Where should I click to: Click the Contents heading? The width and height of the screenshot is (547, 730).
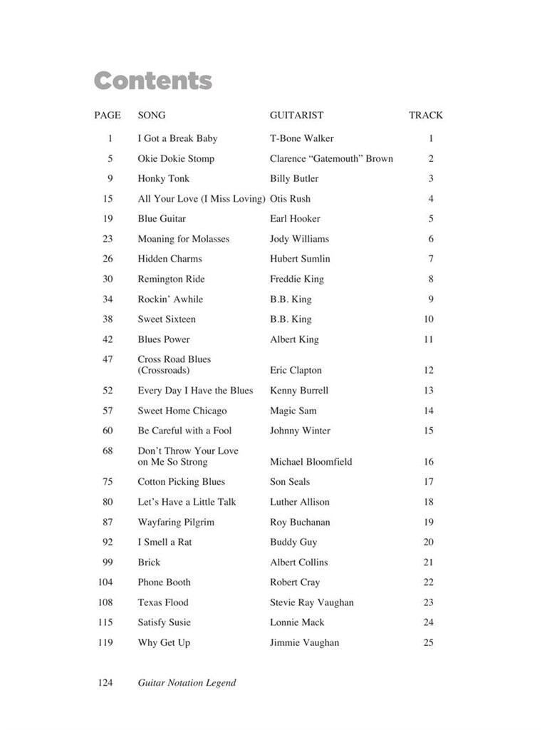152,81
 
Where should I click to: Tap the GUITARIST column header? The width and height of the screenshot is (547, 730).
296,115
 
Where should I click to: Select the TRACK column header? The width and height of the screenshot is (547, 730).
425,115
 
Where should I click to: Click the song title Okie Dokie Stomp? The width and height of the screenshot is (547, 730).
175,158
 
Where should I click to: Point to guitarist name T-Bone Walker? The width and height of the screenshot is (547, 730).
301,138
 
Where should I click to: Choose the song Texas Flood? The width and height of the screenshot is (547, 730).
163,602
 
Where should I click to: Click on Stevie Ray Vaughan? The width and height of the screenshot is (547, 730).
311,602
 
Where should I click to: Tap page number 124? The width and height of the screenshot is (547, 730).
105,682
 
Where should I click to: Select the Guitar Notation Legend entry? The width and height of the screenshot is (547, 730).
187,682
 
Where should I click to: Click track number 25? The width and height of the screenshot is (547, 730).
428,642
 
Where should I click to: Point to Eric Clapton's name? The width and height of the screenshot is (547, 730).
296,370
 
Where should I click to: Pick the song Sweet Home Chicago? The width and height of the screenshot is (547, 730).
182,411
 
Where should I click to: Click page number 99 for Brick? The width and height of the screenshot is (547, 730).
107,562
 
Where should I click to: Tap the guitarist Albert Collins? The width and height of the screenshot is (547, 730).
298,562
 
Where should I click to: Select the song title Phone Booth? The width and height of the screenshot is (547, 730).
164,582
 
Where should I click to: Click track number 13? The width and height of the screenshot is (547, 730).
428,390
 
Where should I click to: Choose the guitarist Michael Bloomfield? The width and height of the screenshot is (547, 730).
311,461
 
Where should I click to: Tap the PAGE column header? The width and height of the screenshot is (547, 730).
107,115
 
